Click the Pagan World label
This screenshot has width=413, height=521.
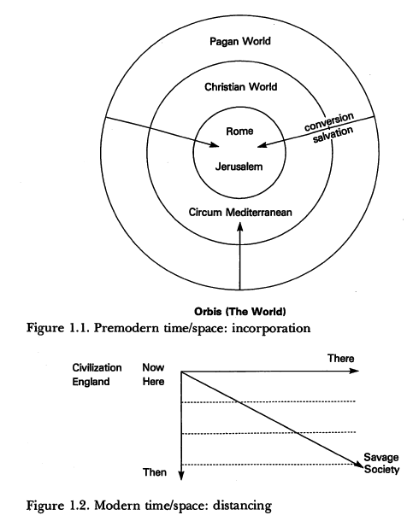240,42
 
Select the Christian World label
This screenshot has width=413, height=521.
241,87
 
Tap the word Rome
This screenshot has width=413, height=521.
239,132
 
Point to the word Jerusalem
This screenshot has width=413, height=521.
239,167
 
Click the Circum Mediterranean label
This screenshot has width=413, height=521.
240,213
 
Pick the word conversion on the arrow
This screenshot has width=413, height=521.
329,121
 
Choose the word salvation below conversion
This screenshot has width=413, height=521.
333,135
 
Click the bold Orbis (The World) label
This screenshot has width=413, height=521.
239,312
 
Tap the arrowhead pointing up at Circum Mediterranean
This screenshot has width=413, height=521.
240,227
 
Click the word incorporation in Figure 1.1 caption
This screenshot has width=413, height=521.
271,328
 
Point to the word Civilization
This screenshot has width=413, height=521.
97,367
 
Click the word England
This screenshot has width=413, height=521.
91,382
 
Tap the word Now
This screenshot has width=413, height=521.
153,367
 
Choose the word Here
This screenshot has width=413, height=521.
153,382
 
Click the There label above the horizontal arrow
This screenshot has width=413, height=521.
341,359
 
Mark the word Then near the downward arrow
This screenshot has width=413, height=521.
155,472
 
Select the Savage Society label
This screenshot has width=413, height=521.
381,464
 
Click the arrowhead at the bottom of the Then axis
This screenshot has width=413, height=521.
181,476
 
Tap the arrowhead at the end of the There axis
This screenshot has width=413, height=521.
355,371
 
